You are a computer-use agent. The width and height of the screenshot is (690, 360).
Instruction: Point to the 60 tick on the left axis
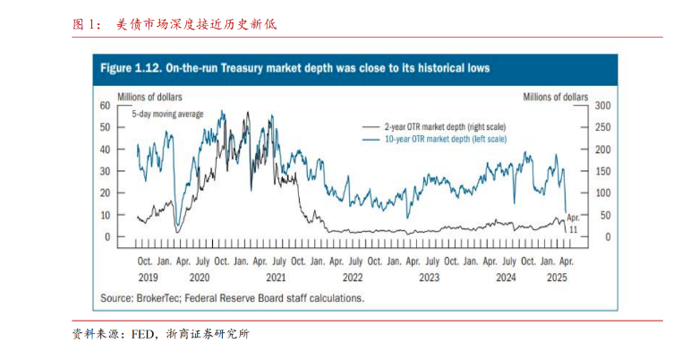coord(104,106)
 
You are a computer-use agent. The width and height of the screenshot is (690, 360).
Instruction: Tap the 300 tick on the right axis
coord(601,106)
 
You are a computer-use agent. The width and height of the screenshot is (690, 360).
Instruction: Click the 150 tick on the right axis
coord(601,171)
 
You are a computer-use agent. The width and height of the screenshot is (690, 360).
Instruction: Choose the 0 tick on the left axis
coord(106,237)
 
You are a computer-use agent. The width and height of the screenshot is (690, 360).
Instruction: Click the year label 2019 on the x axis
coord(147,278)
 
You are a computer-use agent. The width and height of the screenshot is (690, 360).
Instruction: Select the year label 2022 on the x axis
coord(353,278)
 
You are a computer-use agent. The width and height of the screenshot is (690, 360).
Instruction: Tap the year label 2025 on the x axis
coord(556,278)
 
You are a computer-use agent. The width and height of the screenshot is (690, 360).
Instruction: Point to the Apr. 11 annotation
coord(574,224)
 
